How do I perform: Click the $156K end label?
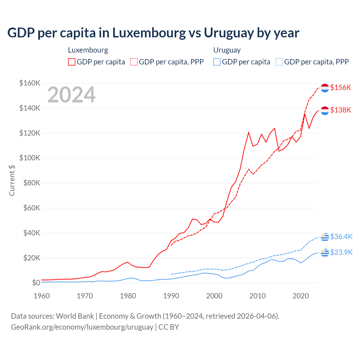pyautogui.click(x=341, y=87)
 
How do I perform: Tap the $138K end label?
pyautogui.click(x=341, y=110)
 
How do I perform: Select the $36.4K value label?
pyautogui.click(x=341, y=237)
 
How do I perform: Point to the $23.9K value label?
pyautogui.click(x=341, y=252)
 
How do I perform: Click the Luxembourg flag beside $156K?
pyautogui.click(x=325, y=88)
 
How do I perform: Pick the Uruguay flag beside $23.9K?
pyautogui.click(x=325, y=253)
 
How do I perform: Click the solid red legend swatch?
pyautogui.click(x=72, y=62)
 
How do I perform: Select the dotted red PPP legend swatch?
pyautogui.click(x=134, y=62)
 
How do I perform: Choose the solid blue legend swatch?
pyautogui.click(x=217, y=62)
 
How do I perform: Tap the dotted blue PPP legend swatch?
pyautogui.click(x=279, y=62)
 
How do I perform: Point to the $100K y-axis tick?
pyautogui.click(x=30, y=158)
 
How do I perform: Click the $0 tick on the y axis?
pyautogui.click(x=36, y=283)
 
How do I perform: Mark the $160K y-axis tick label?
pyautogui.click(x=30, y=83)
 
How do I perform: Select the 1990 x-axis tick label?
pyautogui.click(x=171, y=296)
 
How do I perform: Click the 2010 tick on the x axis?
pyautogui.click(x=258, y=296)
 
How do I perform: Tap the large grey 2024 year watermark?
pyautogui.click(x=71, y=95)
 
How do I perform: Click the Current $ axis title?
pyautogui.click(x=12, y=180)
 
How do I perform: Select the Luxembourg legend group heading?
pyautogui.click(x=88, y=50)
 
